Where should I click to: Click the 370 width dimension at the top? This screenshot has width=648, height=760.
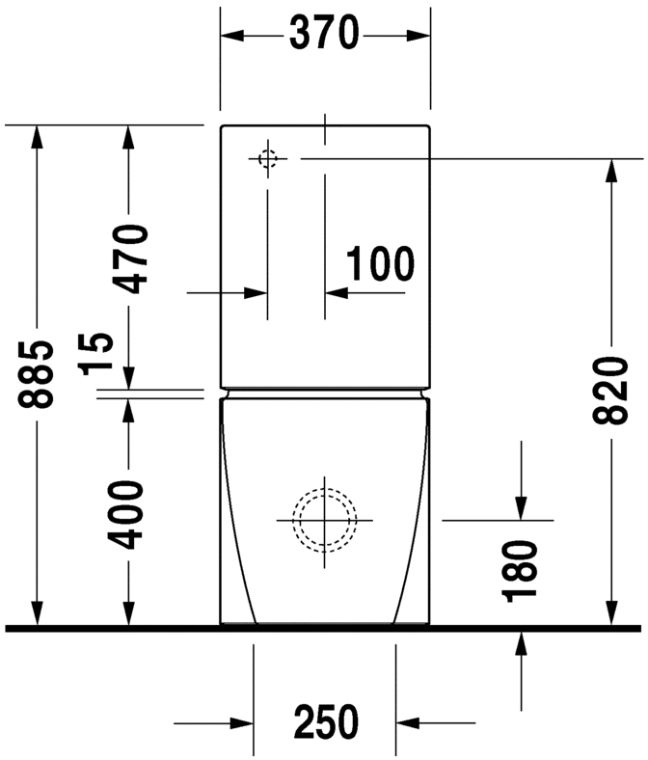325,35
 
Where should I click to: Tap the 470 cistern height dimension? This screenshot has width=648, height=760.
128,258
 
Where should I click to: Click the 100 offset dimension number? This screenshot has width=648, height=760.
380,263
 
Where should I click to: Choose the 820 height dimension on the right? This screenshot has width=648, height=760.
609,392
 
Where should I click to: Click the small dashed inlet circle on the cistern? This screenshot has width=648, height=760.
267,157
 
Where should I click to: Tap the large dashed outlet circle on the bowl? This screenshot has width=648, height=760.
325,519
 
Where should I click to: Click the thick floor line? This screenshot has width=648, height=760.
324,628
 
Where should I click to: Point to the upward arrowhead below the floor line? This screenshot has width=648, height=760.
521,642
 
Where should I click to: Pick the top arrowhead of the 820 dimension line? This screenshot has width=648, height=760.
609,170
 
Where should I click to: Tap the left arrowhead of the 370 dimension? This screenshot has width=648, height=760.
232,36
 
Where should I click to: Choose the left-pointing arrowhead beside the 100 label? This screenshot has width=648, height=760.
337,290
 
